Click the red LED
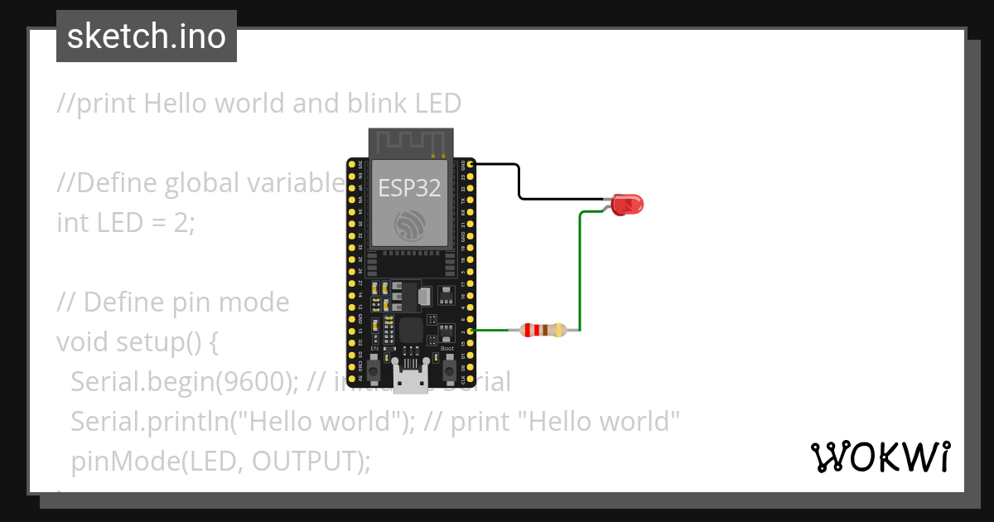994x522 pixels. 627,204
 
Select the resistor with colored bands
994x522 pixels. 543,331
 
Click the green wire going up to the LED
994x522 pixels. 580,273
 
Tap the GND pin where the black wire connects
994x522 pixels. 470,166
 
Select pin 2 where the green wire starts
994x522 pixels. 470,331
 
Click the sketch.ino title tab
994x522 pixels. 147,36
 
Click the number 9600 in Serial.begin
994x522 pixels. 261,381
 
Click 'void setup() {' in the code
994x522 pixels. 138,341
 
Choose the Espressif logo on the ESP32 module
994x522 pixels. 410,225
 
